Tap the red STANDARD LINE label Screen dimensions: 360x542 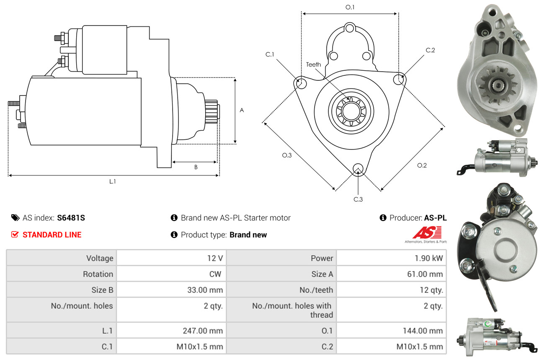52,235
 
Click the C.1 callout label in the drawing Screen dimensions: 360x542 269,54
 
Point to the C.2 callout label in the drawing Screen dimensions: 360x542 430,51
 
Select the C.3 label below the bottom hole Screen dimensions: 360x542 358,199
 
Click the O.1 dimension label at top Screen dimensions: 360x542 350,8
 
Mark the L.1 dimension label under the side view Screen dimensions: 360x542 113,181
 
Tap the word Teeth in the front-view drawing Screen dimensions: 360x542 313,64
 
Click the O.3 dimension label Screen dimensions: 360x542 286,155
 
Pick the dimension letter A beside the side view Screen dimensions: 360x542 242,111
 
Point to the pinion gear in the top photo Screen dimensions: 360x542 498,82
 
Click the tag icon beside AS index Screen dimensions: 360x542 15,218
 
